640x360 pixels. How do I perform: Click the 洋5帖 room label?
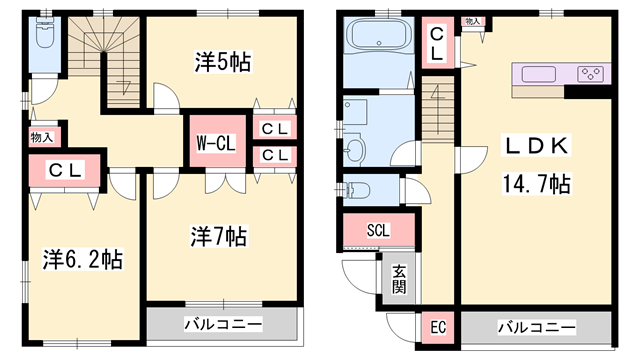pyautogui.click(x=222, y=62)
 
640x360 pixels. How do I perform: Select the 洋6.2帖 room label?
pyautogui.click(x=82, y=260)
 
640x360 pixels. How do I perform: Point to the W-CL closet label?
pyautogui.click(x=215, y=143)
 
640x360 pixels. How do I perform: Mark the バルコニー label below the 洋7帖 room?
pyautogui.click(x=223, y=326)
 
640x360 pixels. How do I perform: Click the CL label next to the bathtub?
pyautogui.click(x=437, y=44)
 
